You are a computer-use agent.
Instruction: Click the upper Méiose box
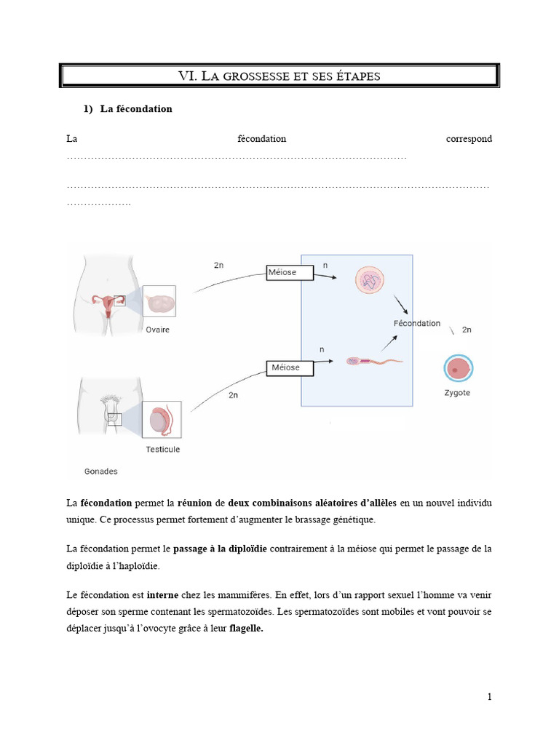pyautogui.click(x=290, y=273)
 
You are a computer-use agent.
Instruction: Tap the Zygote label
pyautogui.click(x=456, y=393)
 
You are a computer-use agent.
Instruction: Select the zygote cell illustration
pyautogui.click(x=457, y=368)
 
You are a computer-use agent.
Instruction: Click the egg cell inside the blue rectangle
pyautogui.click(x=370, y=280)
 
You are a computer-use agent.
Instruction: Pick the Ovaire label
pyautogui.click(x=157, y=330)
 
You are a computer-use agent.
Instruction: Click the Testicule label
pyautogui.click(x=162, y=449)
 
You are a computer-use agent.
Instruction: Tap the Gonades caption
pyautogui.click(x=100, y=471)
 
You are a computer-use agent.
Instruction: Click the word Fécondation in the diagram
pyautogui.click(x=416, y=323)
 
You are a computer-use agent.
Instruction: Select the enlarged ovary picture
pyautogui.click(x=159, y=302)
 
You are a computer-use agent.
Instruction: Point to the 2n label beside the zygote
pyautogui.click(x=467, y=330)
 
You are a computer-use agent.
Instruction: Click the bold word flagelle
pyautogui.click(x=246, y=631)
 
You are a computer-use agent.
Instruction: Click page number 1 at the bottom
pyautogui.click(x=490, y=697)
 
